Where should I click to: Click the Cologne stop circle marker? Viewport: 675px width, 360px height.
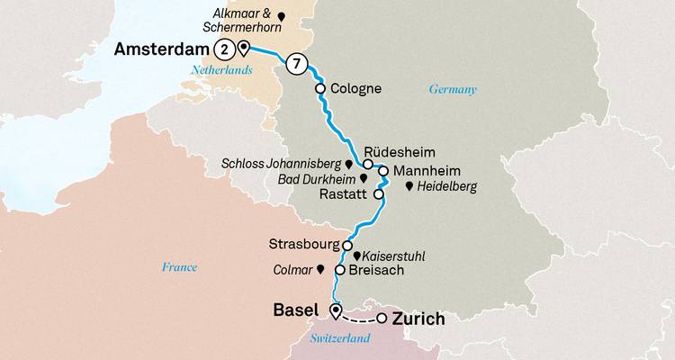(320, 89)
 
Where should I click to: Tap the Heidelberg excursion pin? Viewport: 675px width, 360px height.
(409, 186)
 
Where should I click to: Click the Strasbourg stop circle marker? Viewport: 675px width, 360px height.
(346, 244)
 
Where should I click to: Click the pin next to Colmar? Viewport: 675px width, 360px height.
(319, 269)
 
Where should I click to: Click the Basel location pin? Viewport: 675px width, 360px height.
(335, 311)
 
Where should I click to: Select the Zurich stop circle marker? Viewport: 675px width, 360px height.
(382, 319)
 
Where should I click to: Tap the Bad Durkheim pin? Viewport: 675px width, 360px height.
(362, 179)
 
